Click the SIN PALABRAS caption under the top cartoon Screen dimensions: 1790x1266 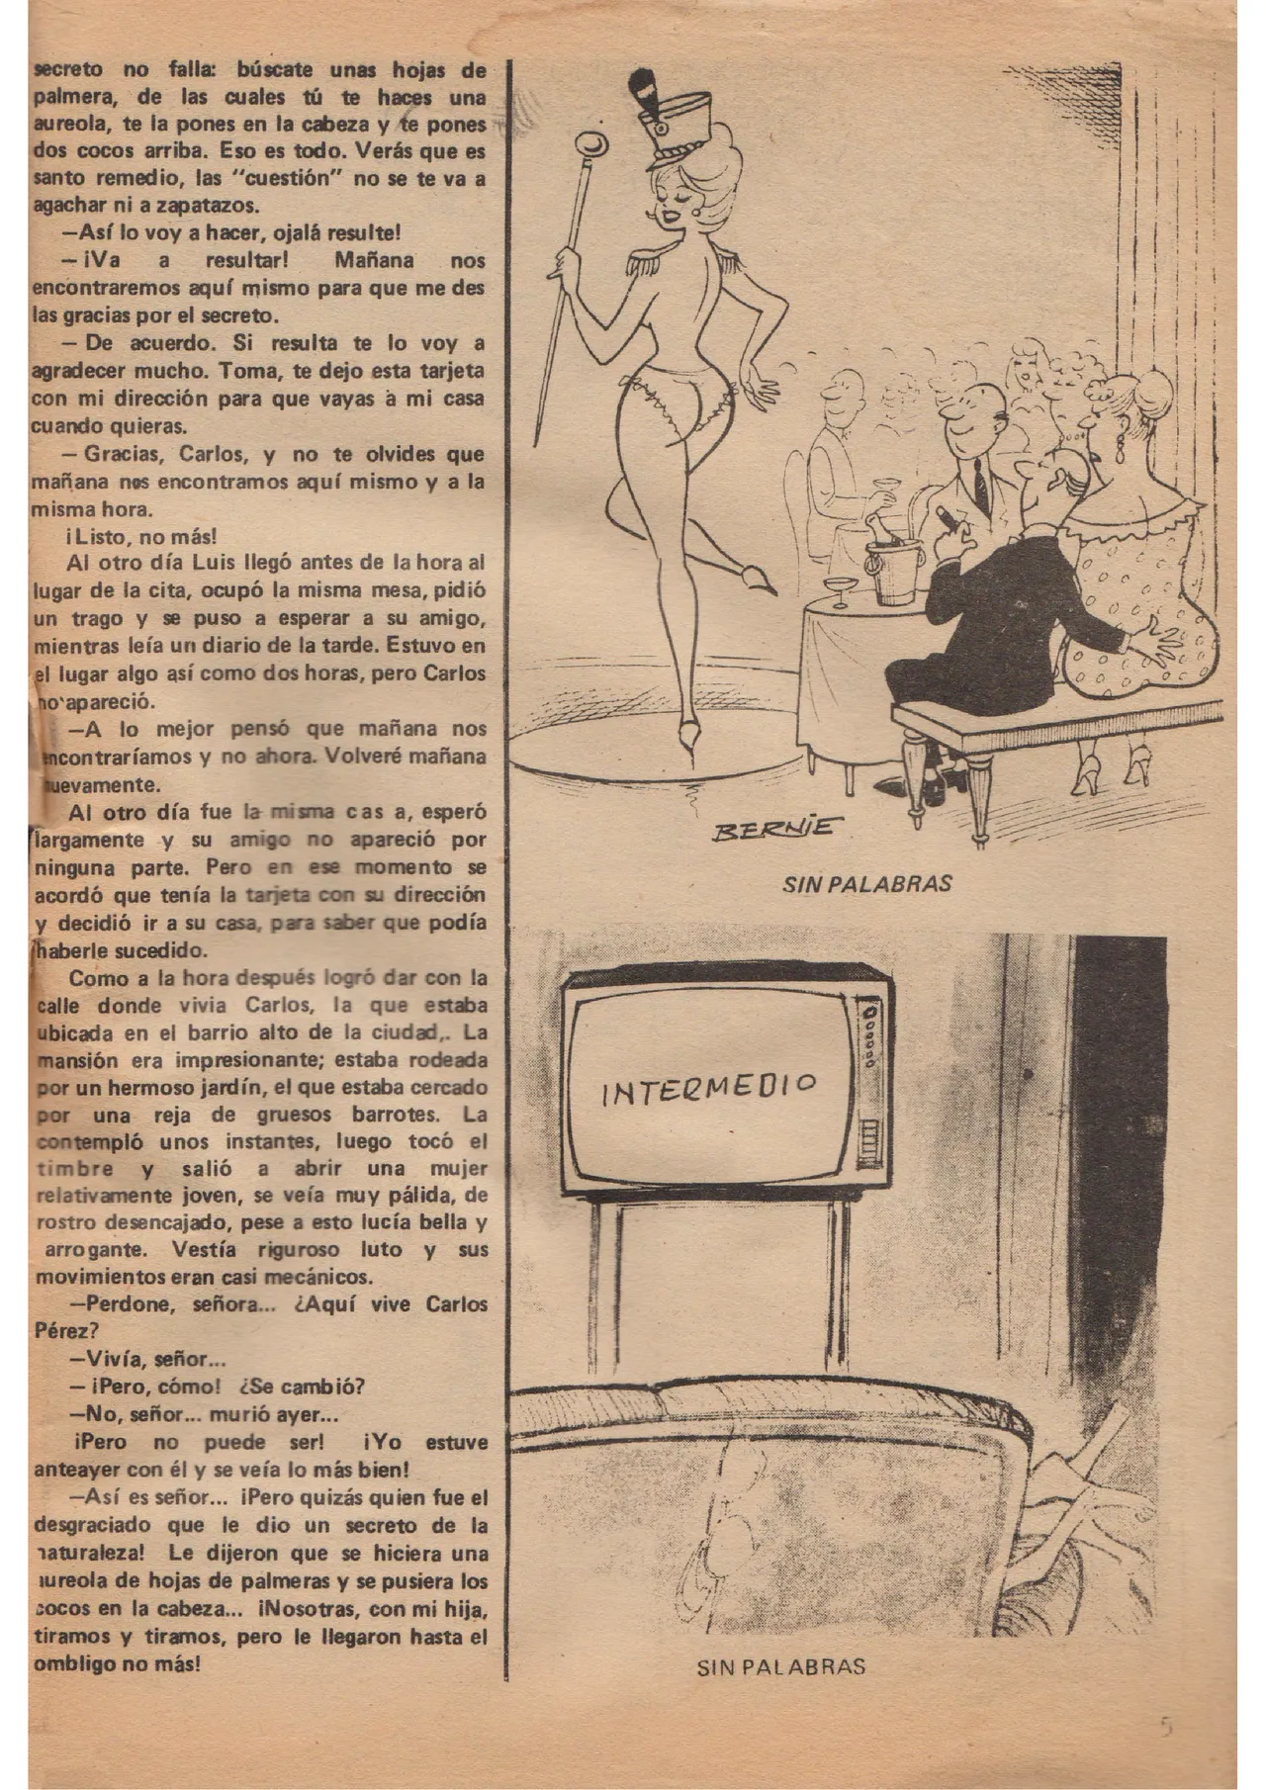pos(866,883)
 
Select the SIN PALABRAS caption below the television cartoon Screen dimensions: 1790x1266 pos(781,1666)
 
